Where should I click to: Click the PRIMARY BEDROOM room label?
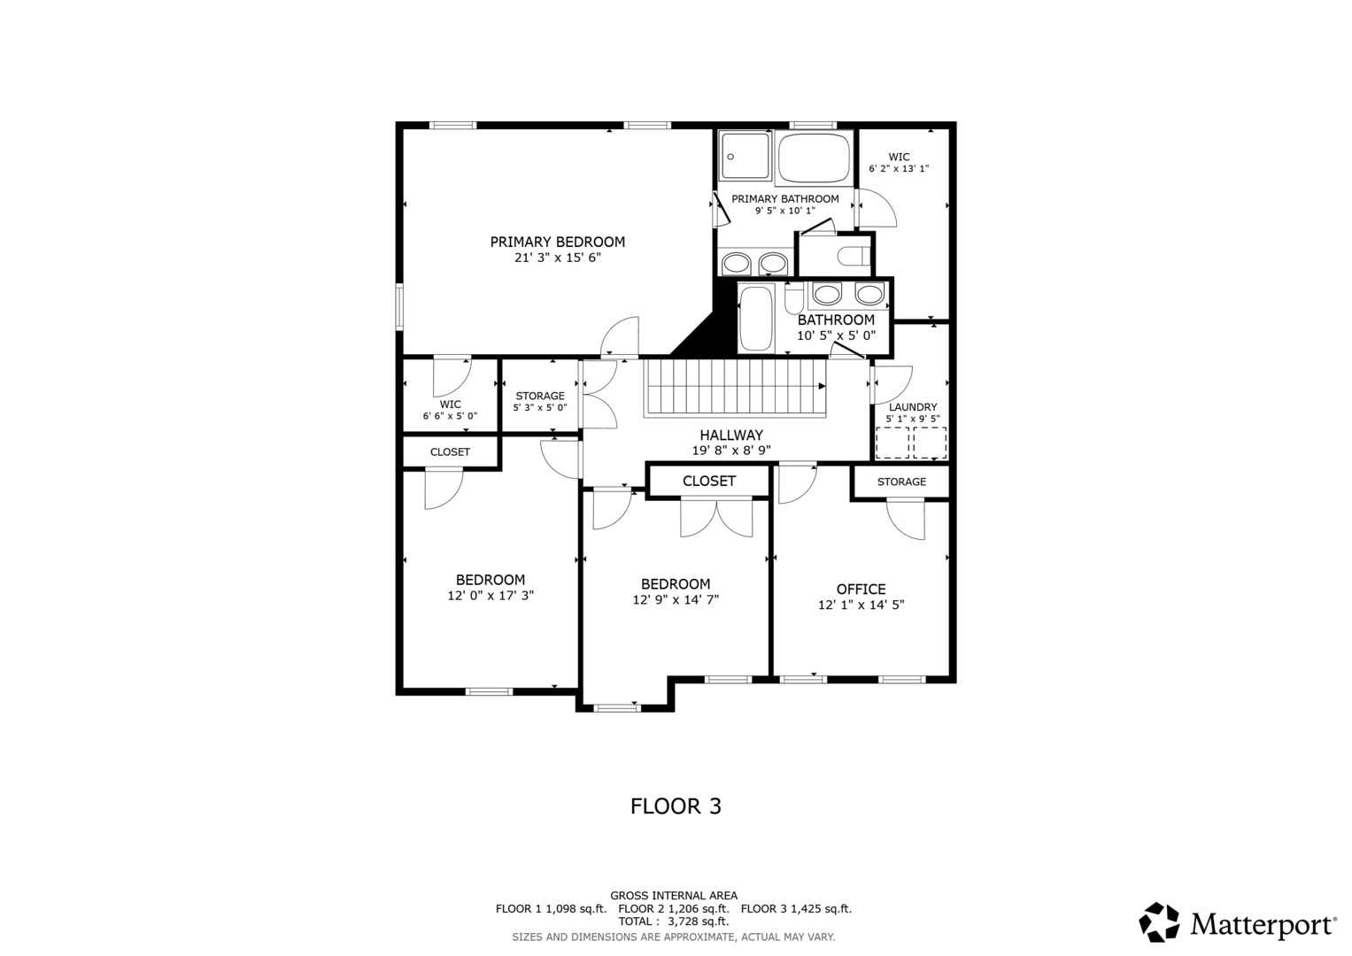tap(557, 242)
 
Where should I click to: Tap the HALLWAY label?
tap(731, 436)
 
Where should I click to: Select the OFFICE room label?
tap(861, 589)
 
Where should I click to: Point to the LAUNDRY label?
tap(913, 407)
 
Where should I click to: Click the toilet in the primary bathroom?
tap(854, 256)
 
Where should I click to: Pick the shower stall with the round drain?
tap(746, 156)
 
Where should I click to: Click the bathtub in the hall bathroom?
tap(756, 318)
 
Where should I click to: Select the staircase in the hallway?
tap(735, 388)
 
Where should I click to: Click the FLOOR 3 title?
tap(676, 806)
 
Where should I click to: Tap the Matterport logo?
tap(1237, 922)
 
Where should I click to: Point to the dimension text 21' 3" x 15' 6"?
tap(557, 258)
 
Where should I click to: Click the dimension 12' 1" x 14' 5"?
tap(861, 605)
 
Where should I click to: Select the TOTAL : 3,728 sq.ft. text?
tap(673, 921)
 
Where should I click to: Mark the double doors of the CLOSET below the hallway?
tap(716, 517)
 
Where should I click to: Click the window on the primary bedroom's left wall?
tap(399, 306)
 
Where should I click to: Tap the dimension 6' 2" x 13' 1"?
tap(899, 169)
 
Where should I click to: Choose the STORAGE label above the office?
tap(901, 482)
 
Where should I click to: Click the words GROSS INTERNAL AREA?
tap(674, 896)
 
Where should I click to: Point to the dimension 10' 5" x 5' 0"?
tap(836, 335)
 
